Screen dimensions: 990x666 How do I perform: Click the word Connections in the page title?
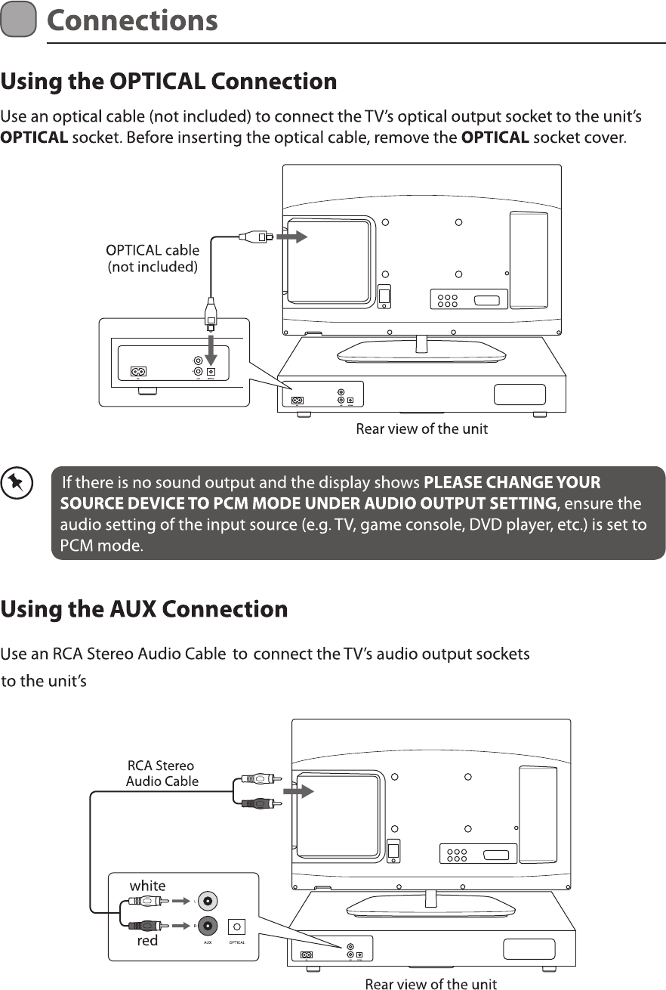click(x=132, y=20)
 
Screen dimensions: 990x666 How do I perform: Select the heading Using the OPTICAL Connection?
click(x=168, y=82)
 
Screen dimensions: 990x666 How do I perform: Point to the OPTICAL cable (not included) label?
click(x=153, y=258)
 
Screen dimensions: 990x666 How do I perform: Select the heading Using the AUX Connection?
click(x=144, y=609)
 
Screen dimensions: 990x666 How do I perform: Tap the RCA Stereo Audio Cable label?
click(x=162, y=773)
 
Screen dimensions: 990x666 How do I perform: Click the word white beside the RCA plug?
click(x=148, y=886)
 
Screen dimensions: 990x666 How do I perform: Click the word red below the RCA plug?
click(x=147, y=941)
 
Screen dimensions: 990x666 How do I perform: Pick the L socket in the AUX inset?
click(x=207, y=901)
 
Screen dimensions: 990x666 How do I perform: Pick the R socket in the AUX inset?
click(x=207, y=925)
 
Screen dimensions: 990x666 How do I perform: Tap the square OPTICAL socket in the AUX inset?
click(x=238, y=926)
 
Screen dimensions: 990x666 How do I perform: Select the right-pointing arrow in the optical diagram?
click(x=293, y=237)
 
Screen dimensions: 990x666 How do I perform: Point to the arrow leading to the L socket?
click(x=179, y=901)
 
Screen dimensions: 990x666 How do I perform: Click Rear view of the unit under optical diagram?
click(x=421, y=429)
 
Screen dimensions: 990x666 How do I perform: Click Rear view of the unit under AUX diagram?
click(x=430, y=984)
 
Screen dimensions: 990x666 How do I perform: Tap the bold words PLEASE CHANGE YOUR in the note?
click(x=513, y=482)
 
